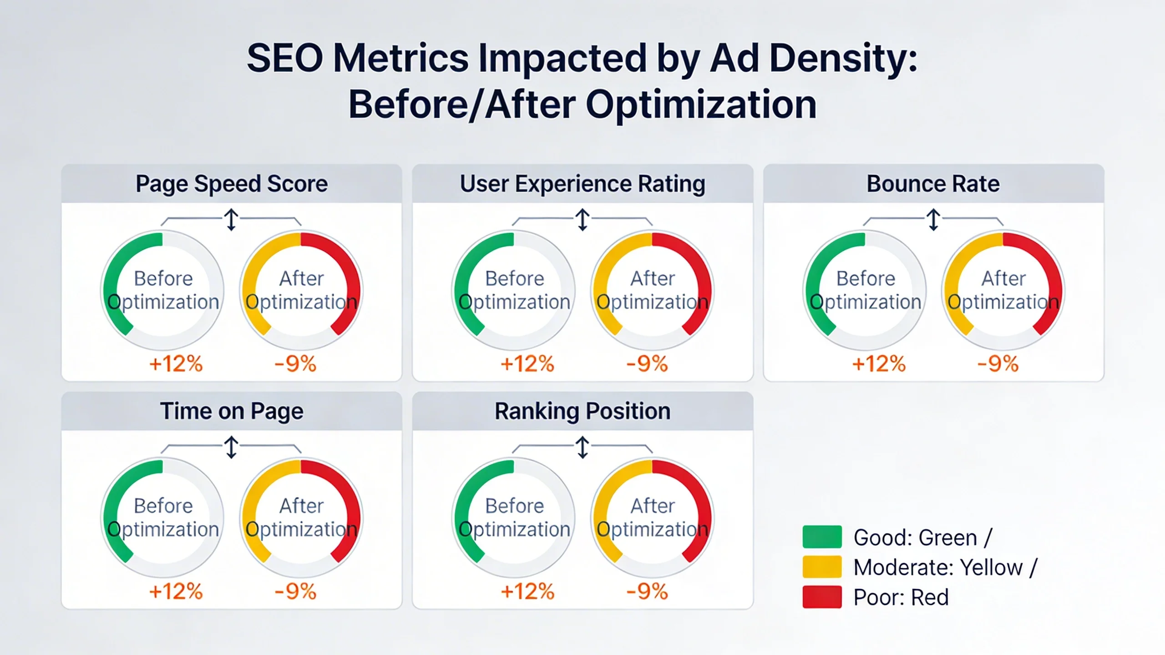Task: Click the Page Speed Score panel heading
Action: pyautogui.click(x=231, y=184)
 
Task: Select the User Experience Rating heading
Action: pyautogui.click(x=582, y=184)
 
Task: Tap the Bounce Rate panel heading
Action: pyautogui.click(x=933, y=184)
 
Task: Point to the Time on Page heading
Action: pyautogui.click(x=231, y=411)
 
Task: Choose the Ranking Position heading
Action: pyautogui.click(x=582, y=411)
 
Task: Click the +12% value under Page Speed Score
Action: pyautogui.click(x=176, y=364)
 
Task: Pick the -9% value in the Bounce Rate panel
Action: pyautogui.click(x=998, y=364)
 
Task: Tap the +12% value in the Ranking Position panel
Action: pyautogui.click(x=527, y=591)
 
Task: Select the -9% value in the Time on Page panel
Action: pyautogui.click(x=295, y=591)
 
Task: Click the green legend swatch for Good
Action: pyautogui.click(x=822, y=537)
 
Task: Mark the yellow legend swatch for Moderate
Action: pyautogui.click(x=822, y=567)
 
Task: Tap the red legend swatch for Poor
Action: pyautogui.click(x=822, y=597)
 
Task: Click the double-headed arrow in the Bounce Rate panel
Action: pyautogui.click(x=933, y=220)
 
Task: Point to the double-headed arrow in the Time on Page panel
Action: pyautogui.click(x=231, y=447)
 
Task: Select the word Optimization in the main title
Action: pyautogui.click(x=701, y=105)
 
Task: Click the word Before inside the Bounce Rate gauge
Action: pyautogui.click(x=866, y=278)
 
